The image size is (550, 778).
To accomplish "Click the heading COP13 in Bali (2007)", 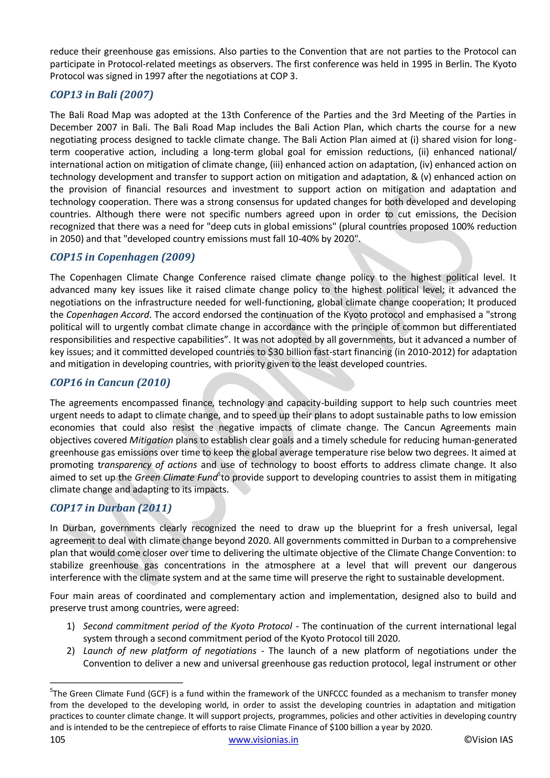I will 102,95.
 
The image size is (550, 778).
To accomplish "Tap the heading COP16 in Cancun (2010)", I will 110,383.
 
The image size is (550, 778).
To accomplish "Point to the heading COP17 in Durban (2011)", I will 111,508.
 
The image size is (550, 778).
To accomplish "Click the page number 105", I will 57,740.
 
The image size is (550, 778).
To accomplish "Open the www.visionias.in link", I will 263,740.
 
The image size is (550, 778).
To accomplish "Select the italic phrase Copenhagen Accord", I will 108,315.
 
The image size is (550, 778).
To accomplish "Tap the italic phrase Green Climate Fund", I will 176,477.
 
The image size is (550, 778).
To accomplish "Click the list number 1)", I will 70,626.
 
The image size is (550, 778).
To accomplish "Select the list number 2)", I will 70,651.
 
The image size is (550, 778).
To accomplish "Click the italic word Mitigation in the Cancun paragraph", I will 151,440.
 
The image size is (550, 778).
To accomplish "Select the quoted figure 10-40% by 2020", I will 320,239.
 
